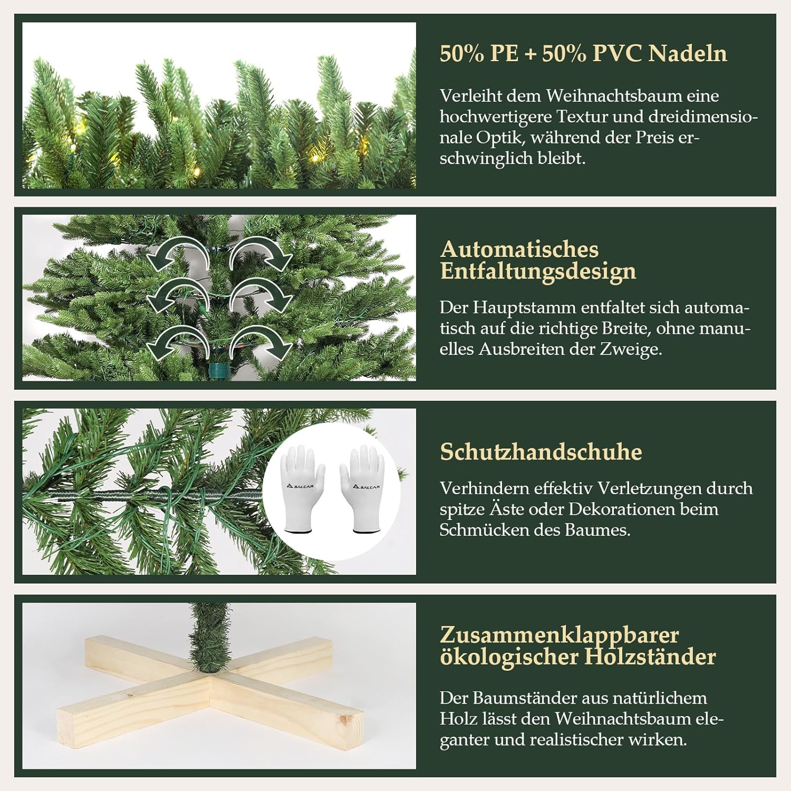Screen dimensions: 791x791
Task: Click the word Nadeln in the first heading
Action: [x=688, y=53]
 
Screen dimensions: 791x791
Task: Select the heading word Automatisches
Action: [x=519, y=249]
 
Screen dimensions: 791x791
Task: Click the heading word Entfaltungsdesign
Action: [x=538, y=271]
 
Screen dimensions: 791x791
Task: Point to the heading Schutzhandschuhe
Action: [x=541, y=452]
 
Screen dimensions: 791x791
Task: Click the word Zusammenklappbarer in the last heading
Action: [x=560, y=635]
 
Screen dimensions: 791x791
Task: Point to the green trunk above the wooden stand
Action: [x=210, y=638]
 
